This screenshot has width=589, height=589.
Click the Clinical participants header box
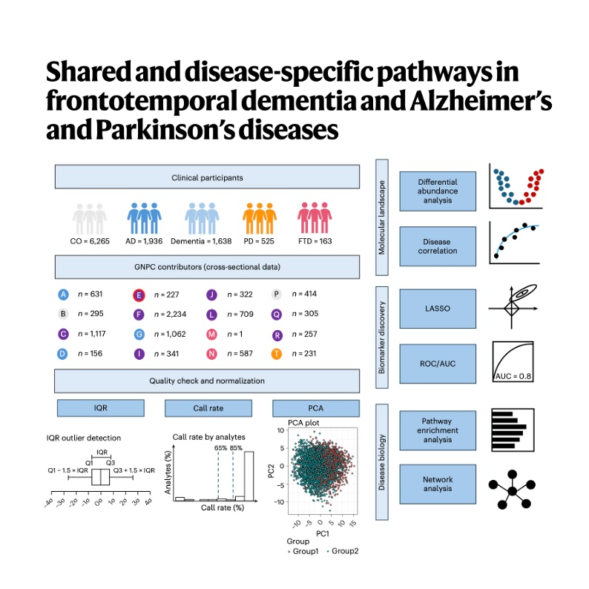(206, 178)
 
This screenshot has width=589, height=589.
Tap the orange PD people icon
(260, 220)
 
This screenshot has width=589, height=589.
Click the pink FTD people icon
(314, 220)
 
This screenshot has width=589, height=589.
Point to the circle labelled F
(138, 314)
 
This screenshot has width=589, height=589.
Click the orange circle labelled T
(277, 353)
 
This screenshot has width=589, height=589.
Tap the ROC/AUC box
(437, 363)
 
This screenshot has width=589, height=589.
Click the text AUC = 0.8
(514, 376)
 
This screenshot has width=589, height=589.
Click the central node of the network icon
(512, 489)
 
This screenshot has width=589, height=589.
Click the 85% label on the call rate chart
(236, 449)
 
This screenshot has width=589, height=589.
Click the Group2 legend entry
(343, 550)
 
